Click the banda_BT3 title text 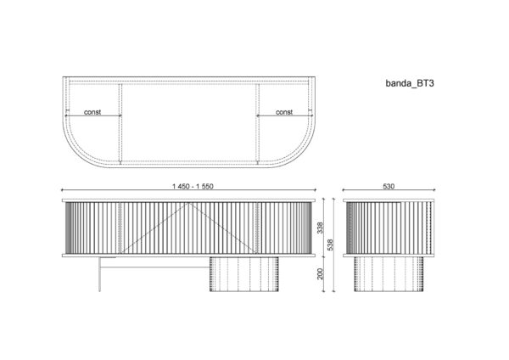point(410,83)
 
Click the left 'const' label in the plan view point(92,112)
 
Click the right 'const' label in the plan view point(284,112)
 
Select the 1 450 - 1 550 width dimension point(193,186)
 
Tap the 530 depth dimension point(389,186)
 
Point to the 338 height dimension point(321,228)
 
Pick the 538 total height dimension point(330,245)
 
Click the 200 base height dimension point(321,273)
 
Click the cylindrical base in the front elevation point(244,274)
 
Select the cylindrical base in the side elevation point(389,274)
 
